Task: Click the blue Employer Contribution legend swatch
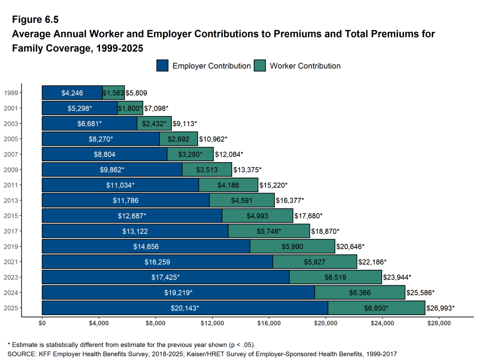point(162,66)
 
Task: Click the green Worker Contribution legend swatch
point(260,66)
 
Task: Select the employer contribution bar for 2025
point(185,308)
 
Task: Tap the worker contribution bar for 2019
point(293,246)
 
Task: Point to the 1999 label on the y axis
point(11,93)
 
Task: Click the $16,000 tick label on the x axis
point(269,323)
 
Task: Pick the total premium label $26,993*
point(440,308)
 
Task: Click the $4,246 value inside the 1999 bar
point(72,93)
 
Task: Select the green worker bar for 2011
point(228,185)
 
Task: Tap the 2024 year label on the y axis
point(11,293)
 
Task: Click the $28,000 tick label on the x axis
point(439,323)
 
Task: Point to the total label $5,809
point(136,93)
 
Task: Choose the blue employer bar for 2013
point(126,201)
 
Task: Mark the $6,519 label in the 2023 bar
point(335,277)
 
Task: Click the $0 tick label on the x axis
point(42,323)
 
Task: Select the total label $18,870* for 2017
point(325,231)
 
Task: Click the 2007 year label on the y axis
point(11,154)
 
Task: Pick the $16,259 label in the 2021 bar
point(157,262)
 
